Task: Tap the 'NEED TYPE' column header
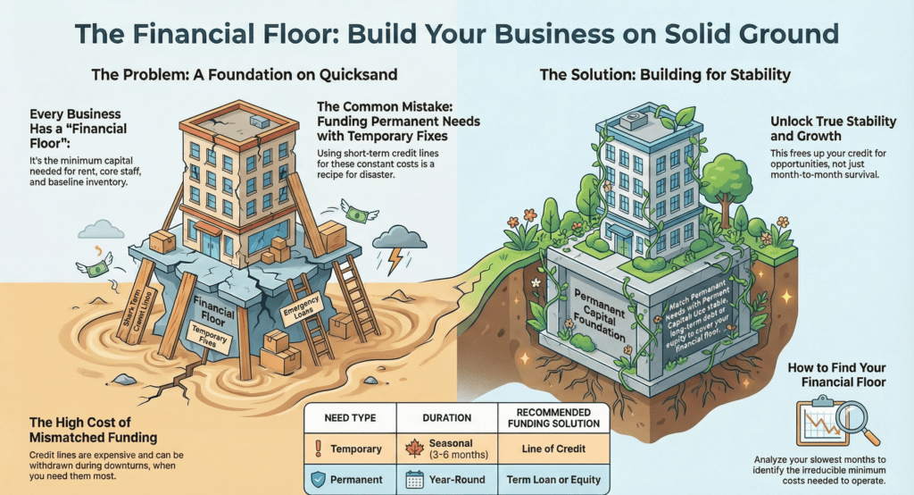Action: (350, 417)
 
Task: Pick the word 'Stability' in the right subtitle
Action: (752, 75)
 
